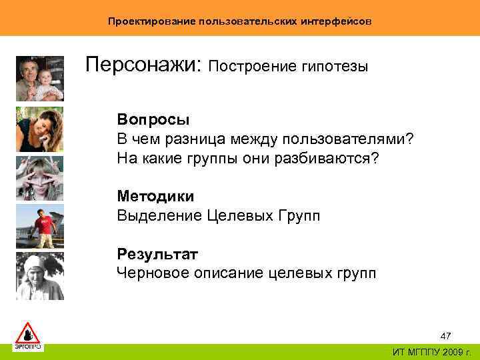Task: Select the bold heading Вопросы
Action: coord(153,119)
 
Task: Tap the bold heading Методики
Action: coord(155,197)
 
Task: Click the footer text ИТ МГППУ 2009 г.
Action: coord(431,352)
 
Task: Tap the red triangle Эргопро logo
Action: coord(28,335)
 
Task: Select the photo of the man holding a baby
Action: coord(39,78)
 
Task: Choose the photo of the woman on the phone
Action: coord(39,129)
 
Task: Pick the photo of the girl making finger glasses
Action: coord(39,177)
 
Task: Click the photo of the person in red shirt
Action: coord(39,226)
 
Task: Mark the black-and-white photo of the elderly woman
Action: coord(39,276)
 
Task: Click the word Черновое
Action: coord(150,273)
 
